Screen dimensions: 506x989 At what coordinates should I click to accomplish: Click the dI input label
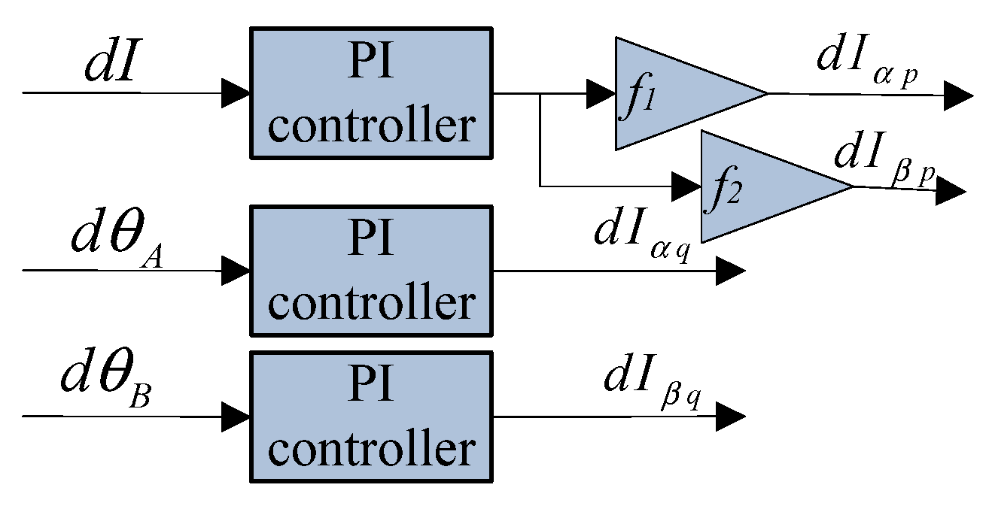point(112,65)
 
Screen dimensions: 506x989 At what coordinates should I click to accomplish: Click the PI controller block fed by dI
point(371,94)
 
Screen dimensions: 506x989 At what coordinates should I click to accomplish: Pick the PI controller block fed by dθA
point(371,271)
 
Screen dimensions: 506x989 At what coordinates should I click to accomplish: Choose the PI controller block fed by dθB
point(371,417)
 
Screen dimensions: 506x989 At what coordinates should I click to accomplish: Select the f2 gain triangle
point(760,186)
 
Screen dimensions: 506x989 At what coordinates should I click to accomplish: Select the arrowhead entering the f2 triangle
point(687,185)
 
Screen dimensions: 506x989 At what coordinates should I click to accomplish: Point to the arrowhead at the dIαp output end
point(960,95)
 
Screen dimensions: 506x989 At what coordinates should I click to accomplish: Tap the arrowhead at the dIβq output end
point(730,416)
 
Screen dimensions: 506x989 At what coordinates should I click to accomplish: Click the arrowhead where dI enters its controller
point(236,93)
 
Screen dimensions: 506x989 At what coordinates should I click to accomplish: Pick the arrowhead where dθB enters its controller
point(236,416)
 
